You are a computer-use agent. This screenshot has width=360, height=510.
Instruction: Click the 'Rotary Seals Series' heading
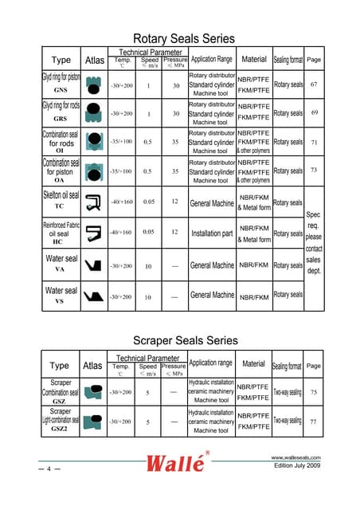click(x=183, y=38)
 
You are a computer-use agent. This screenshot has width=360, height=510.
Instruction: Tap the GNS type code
click(x=61, y=91)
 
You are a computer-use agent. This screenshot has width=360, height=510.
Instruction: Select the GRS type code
click(x=61, y=119)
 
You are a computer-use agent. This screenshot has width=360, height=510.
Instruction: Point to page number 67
click(x=314, y=84)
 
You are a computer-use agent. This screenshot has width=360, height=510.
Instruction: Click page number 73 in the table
click(x=314, y=170)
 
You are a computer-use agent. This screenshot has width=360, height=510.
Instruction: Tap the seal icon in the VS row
click(x=93, y=296)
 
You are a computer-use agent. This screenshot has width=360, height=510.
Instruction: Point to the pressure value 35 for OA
click(x=174, y=171)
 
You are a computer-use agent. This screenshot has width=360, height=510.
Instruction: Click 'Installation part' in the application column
click(x=212, y=233)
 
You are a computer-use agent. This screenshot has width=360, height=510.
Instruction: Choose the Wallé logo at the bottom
click(x=178, y=464)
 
